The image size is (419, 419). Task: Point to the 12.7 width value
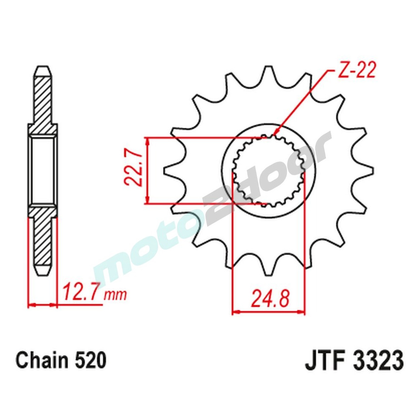click(x=81, y=292)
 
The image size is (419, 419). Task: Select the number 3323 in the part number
click(x=376, y=361)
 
